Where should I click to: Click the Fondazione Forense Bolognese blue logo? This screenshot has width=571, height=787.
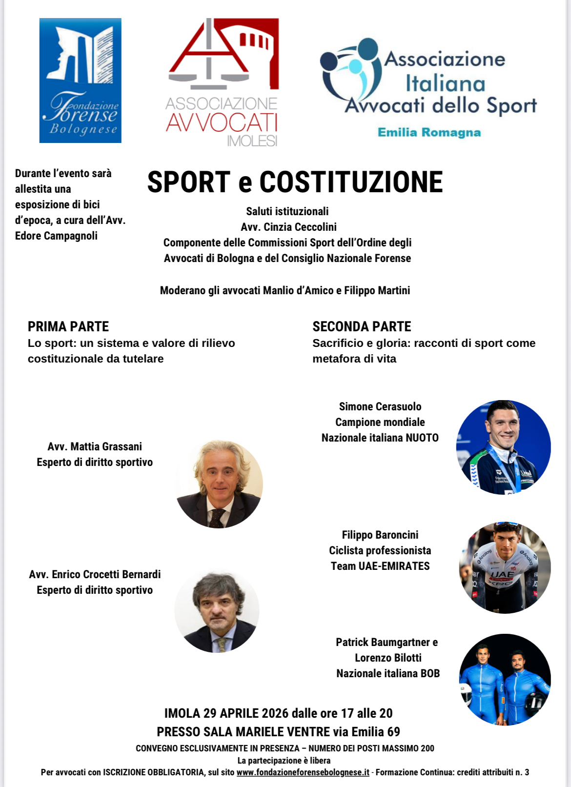(80, 81)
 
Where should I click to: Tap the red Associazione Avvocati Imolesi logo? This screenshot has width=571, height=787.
(223, 82)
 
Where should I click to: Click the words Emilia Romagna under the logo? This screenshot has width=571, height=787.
(429, 133)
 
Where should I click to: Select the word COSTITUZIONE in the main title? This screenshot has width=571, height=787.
(351, 182)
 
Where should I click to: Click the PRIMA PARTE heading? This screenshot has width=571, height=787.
(68, 326)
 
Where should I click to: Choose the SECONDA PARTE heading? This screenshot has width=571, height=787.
(362, 326)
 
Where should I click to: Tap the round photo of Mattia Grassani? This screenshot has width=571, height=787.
(219, 484)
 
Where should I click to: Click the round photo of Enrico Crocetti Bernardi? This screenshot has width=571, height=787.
(217, 611)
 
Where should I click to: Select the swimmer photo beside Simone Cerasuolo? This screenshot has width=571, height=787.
(503, 447)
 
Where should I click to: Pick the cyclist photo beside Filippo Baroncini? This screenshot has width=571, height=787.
(505, 567)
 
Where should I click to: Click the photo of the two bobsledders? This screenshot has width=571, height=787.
(505, 679)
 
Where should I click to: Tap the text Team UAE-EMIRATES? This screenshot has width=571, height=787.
(380, 566)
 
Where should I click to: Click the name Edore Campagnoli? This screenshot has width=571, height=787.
(56, 236)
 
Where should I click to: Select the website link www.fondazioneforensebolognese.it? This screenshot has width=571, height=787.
(303, 772)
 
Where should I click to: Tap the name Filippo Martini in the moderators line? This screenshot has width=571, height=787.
(377, 290)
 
